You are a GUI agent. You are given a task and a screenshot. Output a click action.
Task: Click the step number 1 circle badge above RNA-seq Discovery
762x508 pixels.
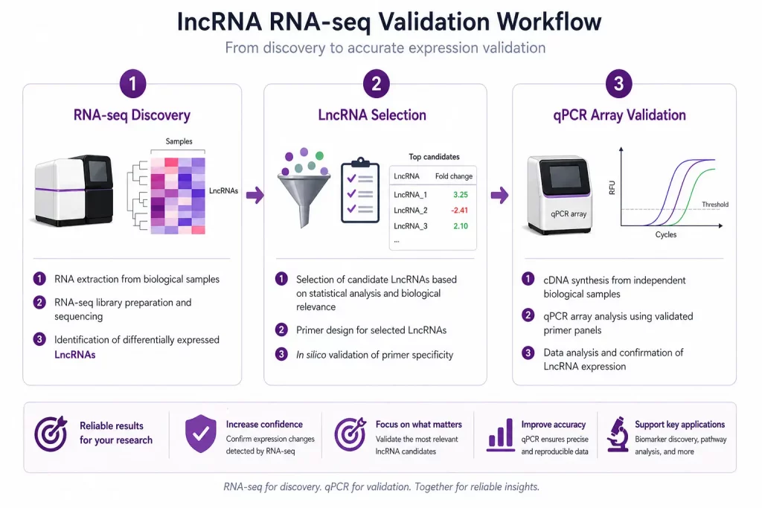(x=132, y=84)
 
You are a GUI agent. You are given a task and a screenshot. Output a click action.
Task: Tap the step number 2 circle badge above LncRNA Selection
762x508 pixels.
(x=375, y=84)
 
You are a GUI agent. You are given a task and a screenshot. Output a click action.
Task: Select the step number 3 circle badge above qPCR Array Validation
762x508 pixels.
(x=618, y=84)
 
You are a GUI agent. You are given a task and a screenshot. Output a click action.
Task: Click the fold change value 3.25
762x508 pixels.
(x=460, y=194)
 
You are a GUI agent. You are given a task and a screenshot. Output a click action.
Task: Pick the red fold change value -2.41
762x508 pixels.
(x=458, y=210)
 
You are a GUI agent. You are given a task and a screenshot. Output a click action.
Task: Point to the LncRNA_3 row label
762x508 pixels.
(x=411, y=226)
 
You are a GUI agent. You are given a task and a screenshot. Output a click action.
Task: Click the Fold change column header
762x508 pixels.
(x=453, y=176)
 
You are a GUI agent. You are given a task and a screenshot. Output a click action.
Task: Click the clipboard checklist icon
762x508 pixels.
(x=359, y=191)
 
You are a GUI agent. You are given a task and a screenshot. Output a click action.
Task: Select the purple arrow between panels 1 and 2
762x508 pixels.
(x=254, y=196)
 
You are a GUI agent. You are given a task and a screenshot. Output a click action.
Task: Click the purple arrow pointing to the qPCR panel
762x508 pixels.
(x=499, y=196)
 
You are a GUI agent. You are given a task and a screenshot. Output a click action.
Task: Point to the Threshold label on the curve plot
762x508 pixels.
(x=714, y=205)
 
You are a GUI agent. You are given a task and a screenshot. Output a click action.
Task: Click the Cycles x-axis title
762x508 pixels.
(x=665, y=235)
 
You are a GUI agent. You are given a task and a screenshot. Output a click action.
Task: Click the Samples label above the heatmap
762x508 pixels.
(x=179, y=141)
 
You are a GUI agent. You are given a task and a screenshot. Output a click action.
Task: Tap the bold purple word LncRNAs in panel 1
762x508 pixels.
(x=75, y=355)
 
